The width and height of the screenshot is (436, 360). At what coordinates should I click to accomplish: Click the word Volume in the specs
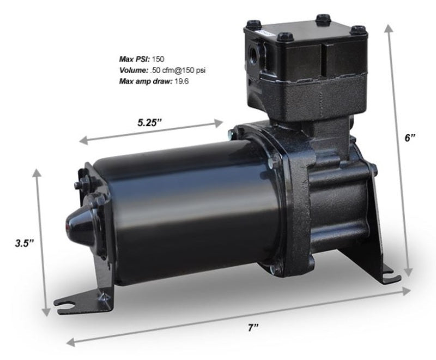[133, 69]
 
